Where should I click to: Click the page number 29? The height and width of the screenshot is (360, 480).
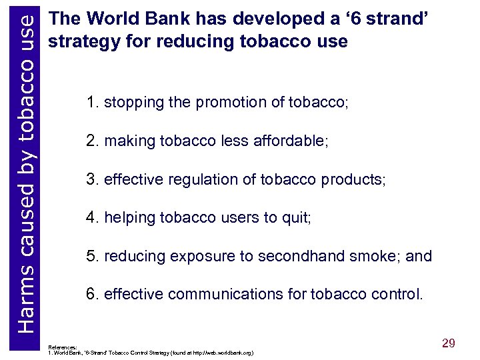pos(449,343)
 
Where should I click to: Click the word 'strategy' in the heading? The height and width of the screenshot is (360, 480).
pos(79,41)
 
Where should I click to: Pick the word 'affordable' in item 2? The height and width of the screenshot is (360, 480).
pos(289,141)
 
